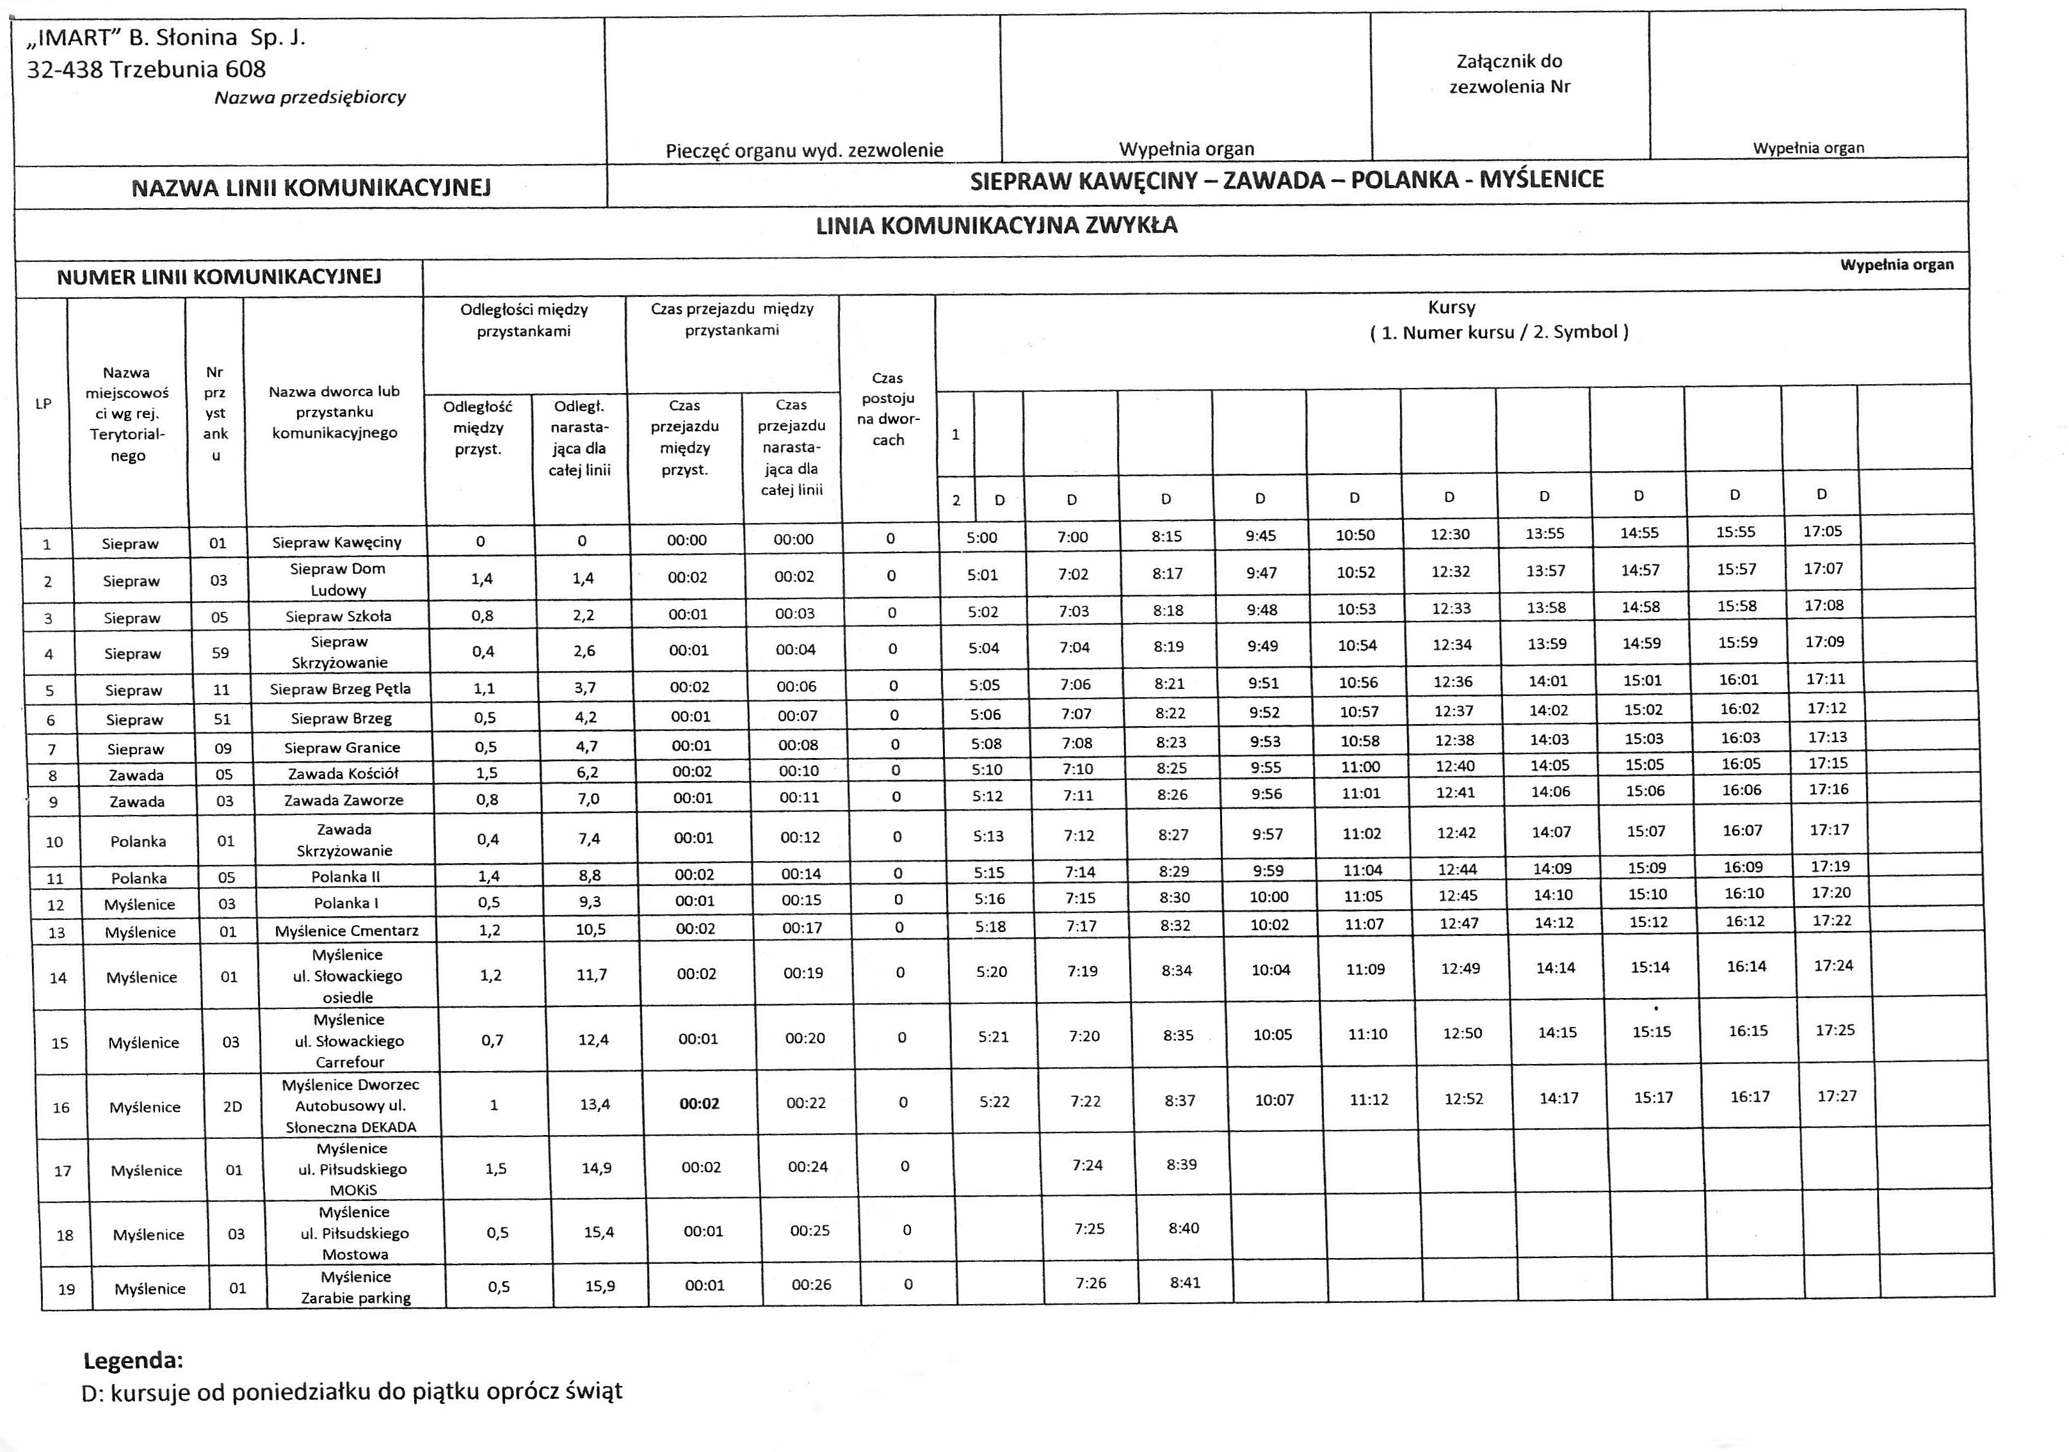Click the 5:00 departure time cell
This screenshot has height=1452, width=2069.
click(981, 538)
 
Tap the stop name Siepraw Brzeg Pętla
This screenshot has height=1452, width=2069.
click(340, 689)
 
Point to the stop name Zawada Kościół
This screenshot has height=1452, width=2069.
click(342, 773)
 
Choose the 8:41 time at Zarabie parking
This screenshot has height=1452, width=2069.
click(1185, 1282)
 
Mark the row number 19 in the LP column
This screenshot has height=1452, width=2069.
click(66, 1289)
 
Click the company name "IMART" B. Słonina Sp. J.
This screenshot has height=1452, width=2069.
click(166, 38)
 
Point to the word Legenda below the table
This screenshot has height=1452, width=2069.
click(133, 1359)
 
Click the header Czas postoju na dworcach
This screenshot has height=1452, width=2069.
click(888, 409)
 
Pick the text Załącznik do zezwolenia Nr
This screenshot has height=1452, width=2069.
click(1509, 74)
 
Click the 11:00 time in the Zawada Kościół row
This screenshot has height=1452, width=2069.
click(1359, 767)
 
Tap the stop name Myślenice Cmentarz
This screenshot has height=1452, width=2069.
click(347, 930)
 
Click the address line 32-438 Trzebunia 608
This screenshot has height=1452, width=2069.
click(146, 69)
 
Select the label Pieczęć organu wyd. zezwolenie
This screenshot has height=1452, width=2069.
click(804, 150)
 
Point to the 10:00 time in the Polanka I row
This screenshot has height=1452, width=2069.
click(1268, 897)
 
